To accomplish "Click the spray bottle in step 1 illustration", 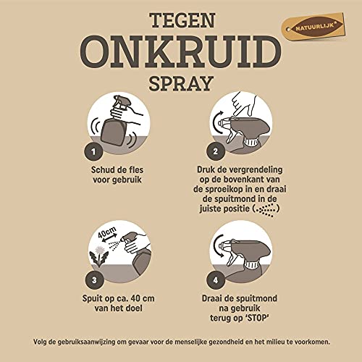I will coord(116,123).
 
